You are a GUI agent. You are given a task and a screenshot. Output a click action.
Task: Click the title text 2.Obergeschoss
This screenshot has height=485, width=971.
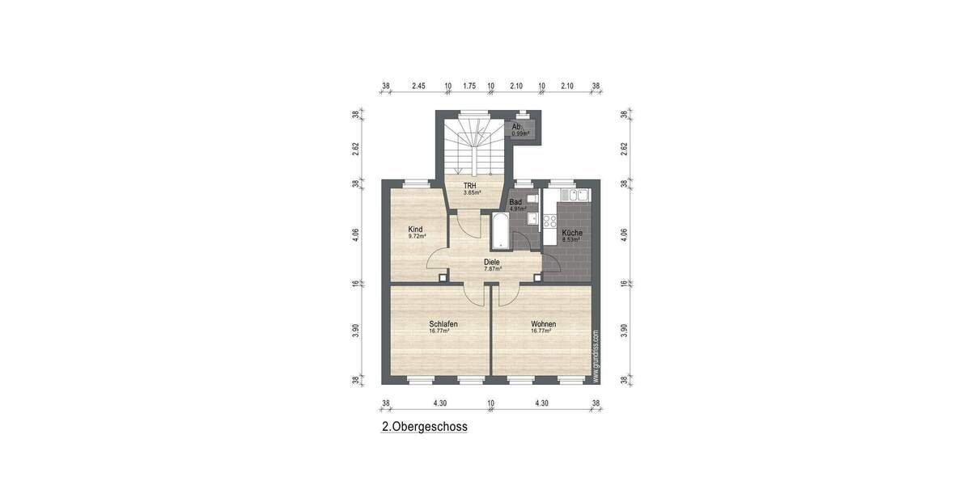coord(425,427)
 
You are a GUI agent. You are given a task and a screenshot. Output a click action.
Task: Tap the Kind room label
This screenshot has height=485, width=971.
coord(416,229)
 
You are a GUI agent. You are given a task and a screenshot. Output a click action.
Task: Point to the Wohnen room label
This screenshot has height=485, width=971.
coord(543,323)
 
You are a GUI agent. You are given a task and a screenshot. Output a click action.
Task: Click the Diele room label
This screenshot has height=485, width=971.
coord(492,262)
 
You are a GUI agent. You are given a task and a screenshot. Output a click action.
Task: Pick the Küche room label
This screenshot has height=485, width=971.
coord(572,233)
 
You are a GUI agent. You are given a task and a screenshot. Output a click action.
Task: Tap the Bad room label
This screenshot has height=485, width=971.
coord(515,202)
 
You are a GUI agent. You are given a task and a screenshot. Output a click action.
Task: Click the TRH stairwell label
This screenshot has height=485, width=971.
coord(470,186)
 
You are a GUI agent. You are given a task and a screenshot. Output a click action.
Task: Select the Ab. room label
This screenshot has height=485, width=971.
coord(517,127)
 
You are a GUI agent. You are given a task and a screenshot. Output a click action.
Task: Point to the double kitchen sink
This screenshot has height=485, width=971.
coord(578,196)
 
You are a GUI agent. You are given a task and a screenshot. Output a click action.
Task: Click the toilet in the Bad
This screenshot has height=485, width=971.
coord(532,198)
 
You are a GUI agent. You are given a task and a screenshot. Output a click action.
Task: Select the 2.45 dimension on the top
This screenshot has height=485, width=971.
coord(418,86)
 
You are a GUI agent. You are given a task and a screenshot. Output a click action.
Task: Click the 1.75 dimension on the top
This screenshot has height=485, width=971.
coord(469,86)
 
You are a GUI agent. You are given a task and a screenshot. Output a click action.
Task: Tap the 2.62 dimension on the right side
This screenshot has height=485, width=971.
coord(624,149)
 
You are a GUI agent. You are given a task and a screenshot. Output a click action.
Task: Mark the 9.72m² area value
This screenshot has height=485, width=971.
coord(417,237)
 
